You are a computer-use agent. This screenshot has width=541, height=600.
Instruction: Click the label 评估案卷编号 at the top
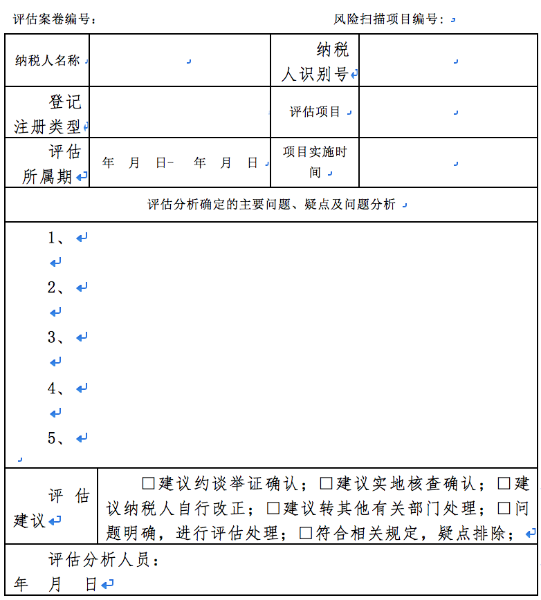55,19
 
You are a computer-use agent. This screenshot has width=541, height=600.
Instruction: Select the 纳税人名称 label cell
48,61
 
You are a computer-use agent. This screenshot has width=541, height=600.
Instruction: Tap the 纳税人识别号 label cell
315,62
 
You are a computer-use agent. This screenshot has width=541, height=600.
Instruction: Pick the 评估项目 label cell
315,112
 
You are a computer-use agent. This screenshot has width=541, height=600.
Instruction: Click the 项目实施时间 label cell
315,162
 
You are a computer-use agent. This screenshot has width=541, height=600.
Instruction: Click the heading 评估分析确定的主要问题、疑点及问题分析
271,205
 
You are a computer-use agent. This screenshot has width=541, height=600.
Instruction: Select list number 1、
57,238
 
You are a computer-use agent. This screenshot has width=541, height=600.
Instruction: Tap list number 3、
57,337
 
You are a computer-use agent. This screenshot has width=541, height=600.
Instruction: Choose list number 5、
57,438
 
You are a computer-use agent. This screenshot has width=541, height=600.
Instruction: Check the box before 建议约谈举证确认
148,482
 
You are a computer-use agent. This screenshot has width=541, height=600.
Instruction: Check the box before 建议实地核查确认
326,482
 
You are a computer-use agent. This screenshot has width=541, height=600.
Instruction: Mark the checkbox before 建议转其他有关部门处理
273,508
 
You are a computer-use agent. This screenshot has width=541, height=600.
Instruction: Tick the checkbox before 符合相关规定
306,533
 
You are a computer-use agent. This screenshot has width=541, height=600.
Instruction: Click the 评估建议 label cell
52,508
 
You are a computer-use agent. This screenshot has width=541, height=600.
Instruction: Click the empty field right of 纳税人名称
180,61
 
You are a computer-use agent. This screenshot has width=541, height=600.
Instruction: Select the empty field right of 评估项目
448,112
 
